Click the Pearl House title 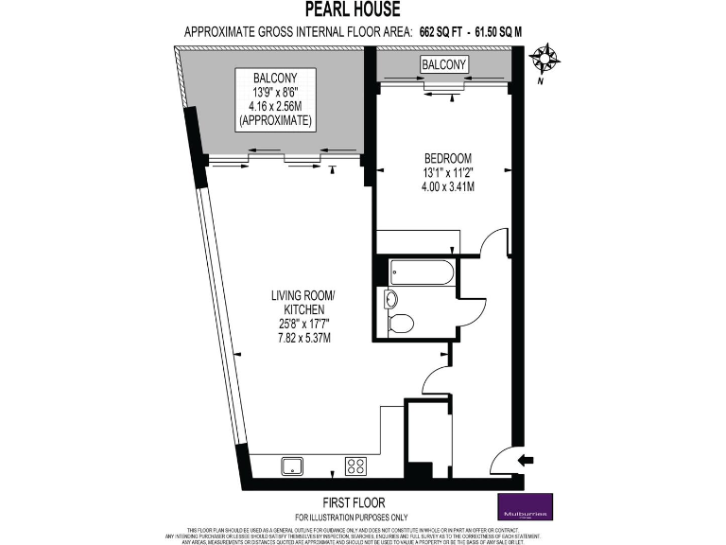pyautogui.click(x=352, y=10)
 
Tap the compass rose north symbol pyautogui.click(x=544, y=60)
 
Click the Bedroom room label pyautogui.click(x=447, y=158)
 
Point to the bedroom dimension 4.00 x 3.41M pyautogui.click(x=447, y=186)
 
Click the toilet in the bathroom pyautogui.click(x=401, y=324)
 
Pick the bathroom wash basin pyautogui.click(x=391, y=300)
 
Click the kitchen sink pyautogui.click(x=292, y=466)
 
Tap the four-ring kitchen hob pyautogui.click(x=356, y=466)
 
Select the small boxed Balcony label pyautogui.click(x=443, y=64)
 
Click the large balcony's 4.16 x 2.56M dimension pyautogui.click(x=277, y=107)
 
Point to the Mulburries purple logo pyautogui.click(x=527, y=506)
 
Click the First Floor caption pyautogui.click(x=352, y=501)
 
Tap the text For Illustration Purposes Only pyautogui.click(x=352, y=516)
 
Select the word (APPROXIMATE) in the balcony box pyautogui.click(x=277, y=122)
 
